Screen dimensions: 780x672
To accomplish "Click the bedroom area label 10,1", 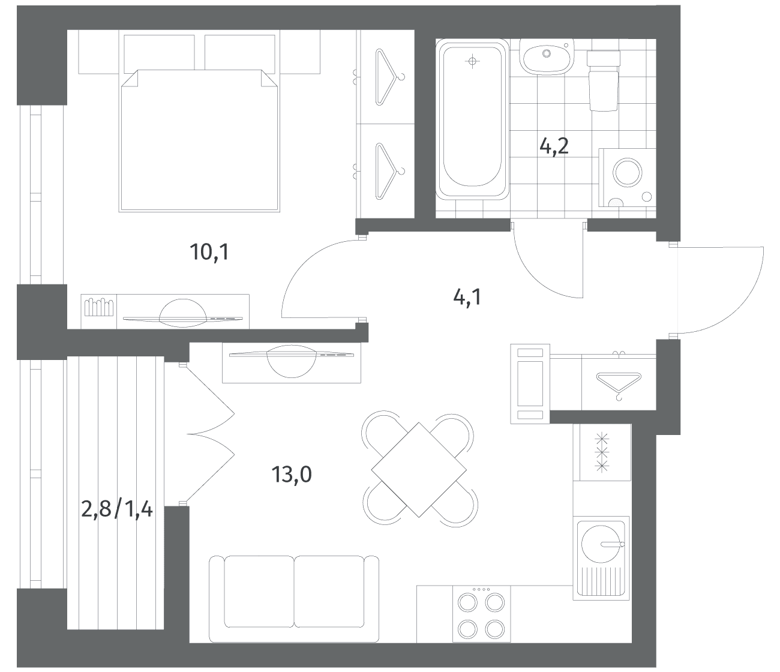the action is pyautogui.click(x=209, y=252).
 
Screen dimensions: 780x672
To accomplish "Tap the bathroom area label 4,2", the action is pyautogui.click(x=554, y=146).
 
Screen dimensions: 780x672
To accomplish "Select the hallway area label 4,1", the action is pyautogui.click(x=467, y=298).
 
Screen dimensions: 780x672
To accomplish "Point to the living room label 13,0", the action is pyautogui.click(x=292, y=475).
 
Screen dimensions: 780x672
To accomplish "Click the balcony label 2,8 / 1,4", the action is pyautogui.click(x=117, y=509).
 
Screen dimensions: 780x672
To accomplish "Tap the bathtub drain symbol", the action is pyautogui.click(x=472, y=61).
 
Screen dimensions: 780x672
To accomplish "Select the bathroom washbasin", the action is pyautogui.click(x=547, y=57).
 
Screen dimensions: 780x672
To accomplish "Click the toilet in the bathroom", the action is pyautogui.click(x=604, y=81).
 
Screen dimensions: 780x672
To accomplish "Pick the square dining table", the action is pyautogui.click(x=419, y=470).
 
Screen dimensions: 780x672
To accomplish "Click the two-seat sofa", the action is pyautogui.click(x=294, y=598).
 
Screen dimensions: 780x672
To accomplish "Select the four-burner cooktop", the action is pyautogui.click(x=481, y=614).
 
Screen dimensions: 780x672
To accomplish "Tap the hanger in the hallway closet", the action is pyautogui.click(x=619, y=385).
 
